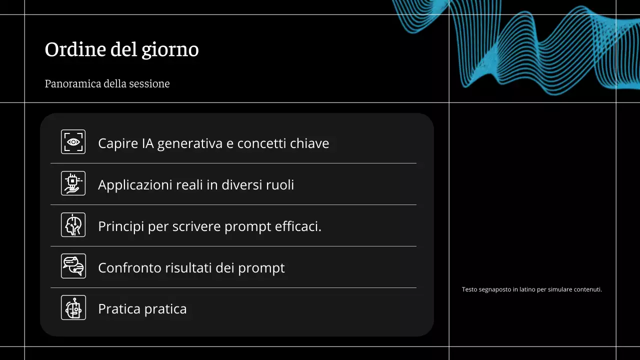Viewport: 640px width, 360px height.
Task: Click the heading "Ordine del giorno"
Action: [121, 50]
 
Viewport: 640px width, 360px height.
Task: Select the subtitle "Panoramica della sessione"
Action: [107, 83]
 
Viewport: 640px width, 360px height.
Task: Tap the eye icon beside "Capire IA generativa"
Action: [73, 142]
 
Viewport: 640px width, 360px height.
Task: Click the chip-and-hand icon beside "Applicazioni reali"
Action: [73, 183]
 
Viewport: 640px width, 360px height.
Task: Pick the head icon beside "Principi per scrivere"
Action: [73, 224]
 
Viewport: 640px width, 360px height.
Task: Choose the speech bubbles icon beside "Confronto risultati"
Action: [73, 266]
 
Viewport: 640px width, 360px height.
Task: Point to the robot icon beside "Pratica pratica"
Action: [73, 307]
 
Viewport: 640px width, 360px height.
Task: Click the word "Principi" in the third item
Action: [121, 226]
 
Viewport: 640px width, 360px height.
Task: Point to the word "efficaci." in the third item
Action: [298, 226]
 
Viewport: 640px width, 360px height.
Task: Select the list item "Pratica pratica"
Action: [142, 309]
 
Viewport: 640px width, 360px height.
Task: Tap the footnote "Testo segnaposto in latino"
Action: [531, 289]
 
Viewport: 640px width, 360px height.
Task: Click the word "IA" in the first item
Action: [147, 144]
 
